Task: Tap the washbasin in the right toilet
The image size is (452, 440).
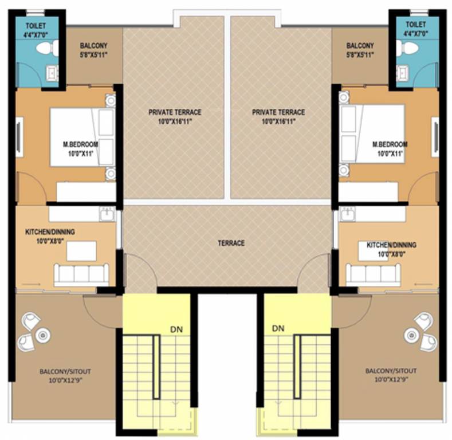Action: point(403,73)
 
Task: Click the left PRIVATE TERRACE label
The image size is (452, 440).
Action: point(175,112)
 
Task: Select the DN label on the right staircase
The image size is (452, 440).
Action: point(278,329)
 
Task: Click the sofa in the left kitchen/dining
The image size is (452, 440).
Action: point(81,274)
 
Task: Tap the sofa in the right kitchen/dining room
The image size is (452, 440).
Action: point(373,274)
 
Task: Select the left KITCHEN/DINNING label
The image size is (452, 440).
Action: point(50,232)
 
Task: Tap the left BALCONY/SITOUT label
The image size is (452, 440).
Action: point(65,371)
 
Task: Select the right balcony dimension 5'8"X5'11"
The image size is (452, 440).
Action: point(360,56)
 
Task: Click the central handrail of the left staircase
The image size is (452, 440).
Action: point(156,367)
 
